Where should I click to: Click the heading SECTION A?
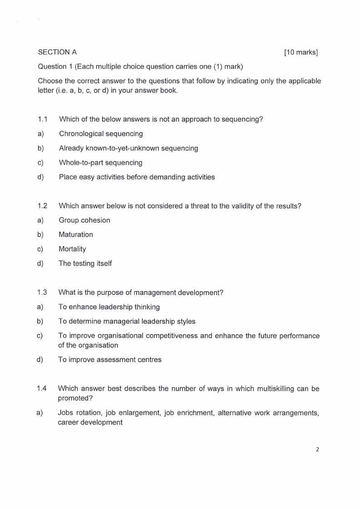(x=57, y=52)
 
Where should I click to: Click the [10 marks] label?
(x=301, y=52)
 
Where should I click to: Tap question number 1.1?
(x=43, y=119)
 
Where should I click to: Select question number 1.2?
(x=43, y=206)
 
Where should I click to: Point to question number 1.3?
(x=43, y=293)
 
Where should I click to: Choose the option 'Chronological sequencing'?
(x=101, y=134)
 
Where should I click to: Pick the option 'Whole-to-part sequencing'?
(x=101, y=162)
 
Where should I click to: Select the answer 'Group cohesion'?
(x=84, y=220)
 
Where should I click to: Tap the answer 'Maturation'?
(x=76, y=235)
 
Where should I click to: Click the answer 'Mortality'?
(x=72, y=249)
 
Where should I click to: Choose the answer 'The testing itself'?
(x=85, y=264)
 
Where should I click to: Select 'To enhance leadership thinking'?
(x=109, y=307)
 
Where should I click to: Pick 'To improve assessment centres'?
(x=110, y=360)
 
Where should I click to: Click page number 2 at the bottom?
(x=317, y=450)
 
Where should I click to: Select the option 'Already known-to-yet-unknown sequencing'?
(x=128, y=148)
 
